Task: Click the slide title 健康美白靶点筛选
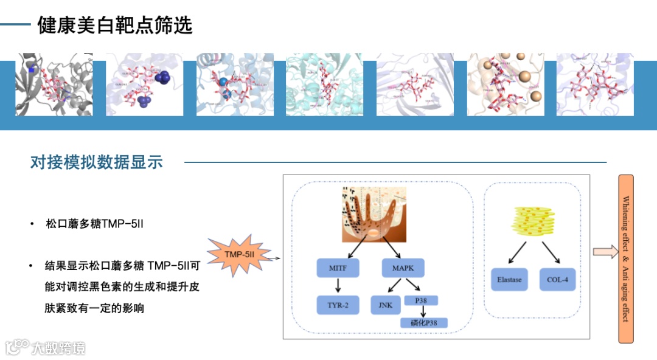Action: pos(115,25)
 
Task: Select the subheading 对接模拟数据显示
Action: pos(97,162)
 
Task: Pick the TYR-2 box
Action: pos(338,305)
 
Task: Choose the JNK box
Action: pos(385,305)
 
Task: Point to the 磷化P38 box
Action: pos(424,323)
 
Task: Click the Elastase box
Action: pos(510,280)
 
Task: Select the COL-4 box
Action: pos(557,280)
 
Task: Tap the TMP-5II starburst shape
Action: pos(239,254)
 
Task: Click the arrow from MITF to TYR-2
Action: pos(338,286)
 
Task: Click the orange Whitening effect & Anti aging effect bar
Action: pos(626,258)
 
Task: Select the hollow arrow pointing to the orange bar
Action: pos(605,252)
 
